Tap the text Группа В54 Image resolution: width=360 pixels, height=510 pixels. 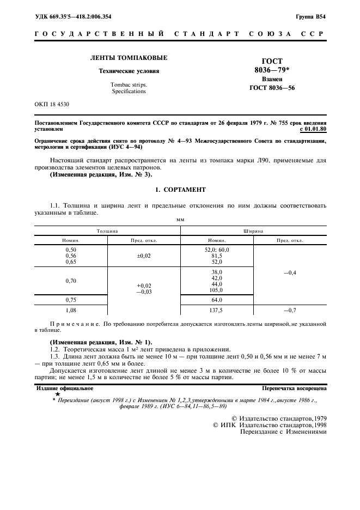click(311, 17)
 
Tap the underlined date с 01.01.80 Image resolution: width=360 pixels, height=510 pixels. click(313, 129)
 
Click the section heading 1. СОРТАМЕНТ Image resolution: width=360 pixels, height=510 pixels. click(180, 190)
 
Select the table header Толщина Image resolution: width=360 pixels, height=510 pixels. click(108, 231)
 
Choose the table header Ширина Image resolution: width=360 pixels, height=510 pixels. click(253, 231)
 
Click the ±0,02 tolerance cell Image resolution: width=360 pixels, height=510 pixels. click(144, 256)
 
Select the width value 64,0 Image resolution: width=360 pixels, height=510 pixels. click(216, 300)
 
